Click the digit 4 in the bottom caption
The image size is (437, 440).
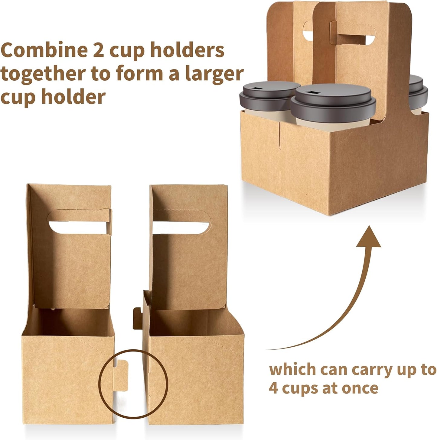click(x=273, y=388)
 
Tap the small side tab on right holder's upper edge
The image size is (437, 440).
click(x=137, y=319)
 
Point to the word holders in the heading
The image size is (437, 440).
click(x=187, y=50)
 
